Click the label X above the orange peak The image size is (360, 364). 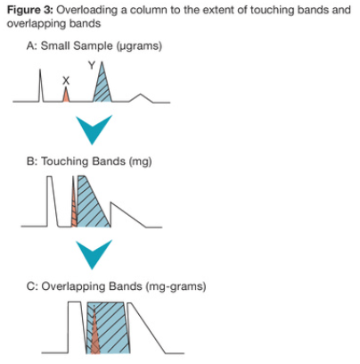pyautogui.click(x=65, y=79)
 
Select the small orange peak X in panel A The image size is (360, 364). pyautogui.click(x=66, y=96)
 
